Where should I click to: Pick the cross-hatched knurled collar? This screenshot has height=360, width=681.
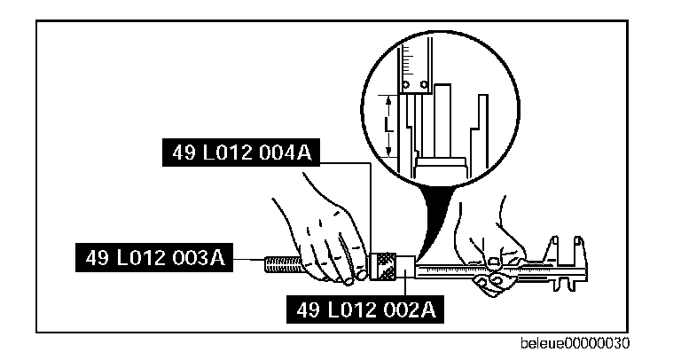coord(387,264)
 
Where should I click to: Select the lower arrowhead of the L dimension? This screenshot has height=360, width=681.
coord(388,156)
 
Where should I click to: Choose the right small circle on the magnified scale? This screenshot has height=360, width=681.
coord(425,85)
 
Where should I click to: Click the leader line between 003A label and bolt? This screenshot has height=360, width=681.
coord(249,260)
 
